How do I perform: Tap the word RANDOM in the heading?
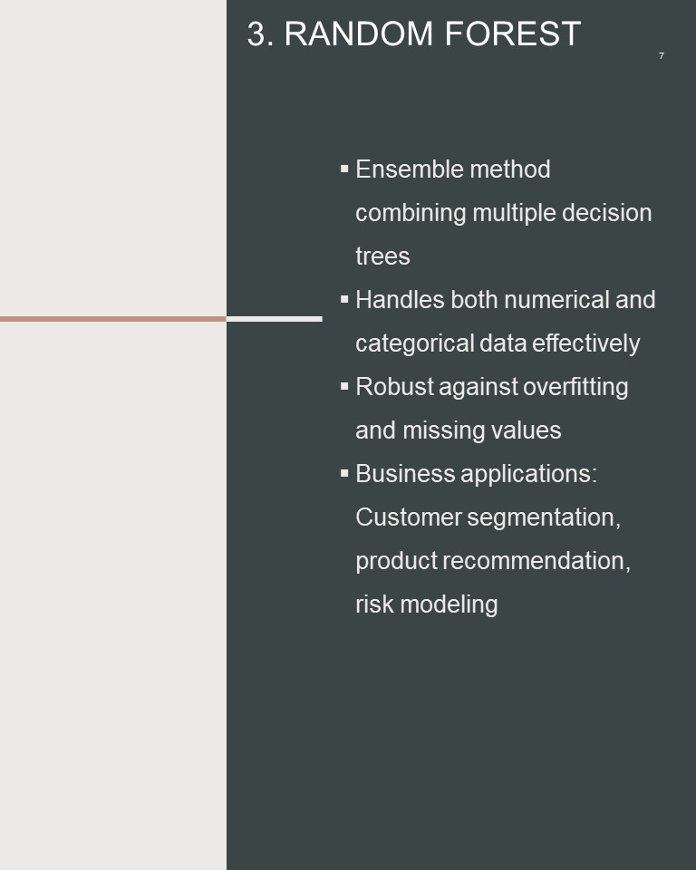tap(358, 34)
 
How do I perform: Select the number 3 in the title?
tap(257, 34)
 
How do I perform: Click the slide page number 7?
tap(661, 55)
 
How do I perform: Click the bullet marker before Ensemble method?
tap(344, 169)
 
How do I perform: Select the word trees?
tap(382, 256)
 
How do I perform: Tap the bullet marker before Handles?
tap(344, 299)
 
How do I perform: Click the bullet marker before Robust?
tap(344, 386)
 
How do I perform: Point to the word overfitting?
tap(575, 387)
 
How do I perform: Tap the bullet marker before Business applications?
tap(344, 473)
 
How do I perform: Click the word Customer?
tap(409, 517)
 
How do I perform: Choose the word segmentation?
tap(544, 517)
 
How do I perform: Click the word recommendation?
tap(536, 561)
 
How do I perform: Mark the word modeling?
tap(449, 604)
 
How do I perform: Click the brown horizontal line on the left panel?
tap(113, 319)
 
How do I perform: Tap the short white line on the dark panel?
tap(275, 319)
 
